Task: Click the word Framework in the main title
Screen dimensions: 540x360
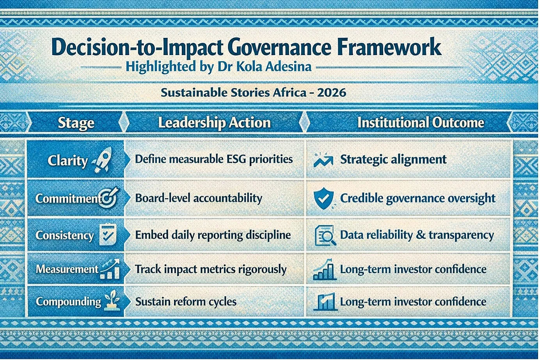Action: [x=389, y=47]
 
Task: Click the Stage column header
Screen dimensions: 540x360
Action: [x=76, y=123]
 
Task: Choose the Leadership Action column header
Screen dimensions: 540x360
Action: [x=214, y=123]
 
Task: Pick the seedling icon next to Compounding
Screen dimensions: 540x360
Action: [x=112, y=300]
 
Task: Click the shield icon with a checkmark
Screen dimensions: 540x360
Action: [x=324, y=198]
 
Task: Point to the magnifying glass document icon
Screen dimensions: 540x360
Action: [x=325, y=235]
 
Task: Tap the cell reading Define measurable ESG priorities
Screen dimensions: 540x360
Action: [x=214, y=159]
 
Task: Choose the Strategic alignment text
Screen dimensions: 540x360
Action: [x=393, y=159]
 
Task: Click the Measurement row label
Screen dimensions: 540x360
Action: [x=67, y=269]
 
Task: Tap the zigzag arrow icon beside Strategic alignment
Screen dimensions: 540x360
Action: [x=323, y=159]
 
